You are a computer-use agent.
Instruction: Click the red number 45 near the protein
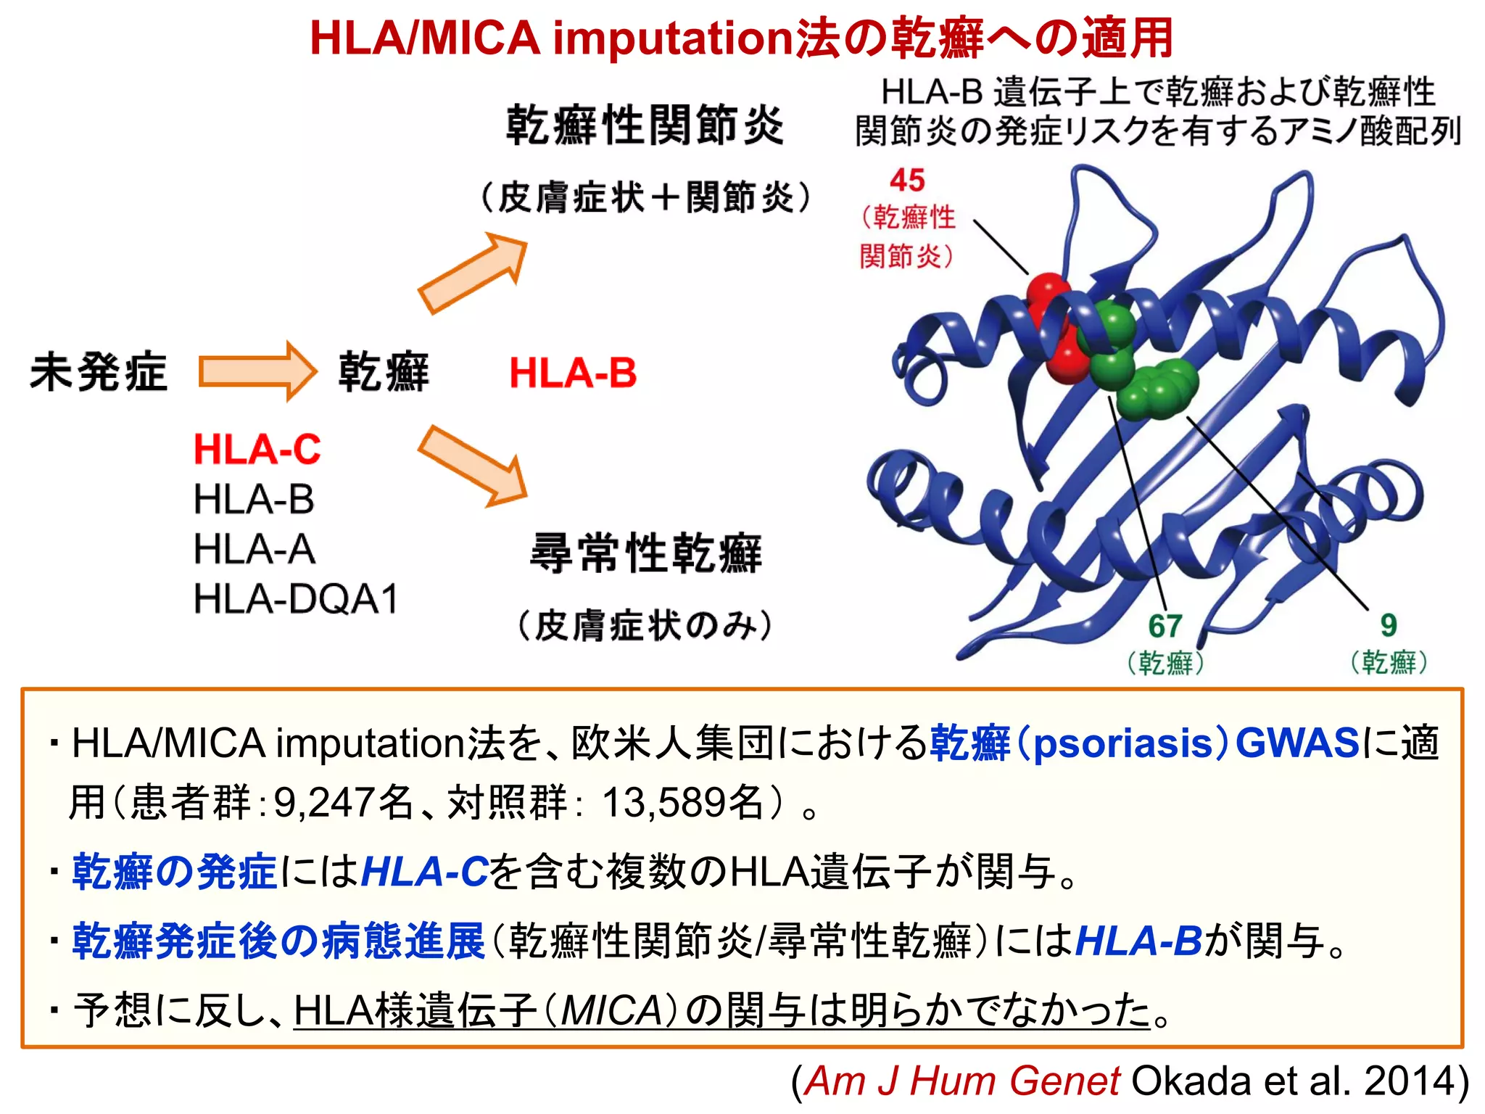click(x=907, y=180)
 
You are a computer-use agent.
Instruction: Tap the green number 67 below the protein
click(x=1165, y=626)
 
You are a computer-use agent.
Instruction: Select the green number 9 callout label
click(x=1388, y=625)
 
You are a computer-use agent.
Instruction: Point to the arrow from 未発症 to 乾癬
click(x=257, y=371)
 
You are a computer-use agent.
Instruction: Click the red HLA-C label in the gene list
click(x=257, y=449)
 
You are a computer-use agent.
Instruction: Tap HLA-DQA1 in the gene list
click(x=296, y=599)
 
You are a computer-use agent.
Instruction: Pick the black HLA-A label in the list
click(x=254, y=549)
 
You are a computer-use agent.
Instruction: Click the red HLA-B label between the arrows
click(x=573, y=373)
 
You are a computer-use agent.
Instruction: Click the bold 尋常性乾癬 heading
click(x=645, y=553)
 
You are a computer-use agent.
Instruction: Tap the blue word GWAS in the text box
click(x=1296, y=743)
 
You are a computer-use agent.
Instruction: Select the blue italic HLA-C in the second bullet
click(x=424, y=871)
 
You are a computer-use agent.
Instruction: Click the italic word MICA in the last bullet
click(x=611, y=1010)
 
